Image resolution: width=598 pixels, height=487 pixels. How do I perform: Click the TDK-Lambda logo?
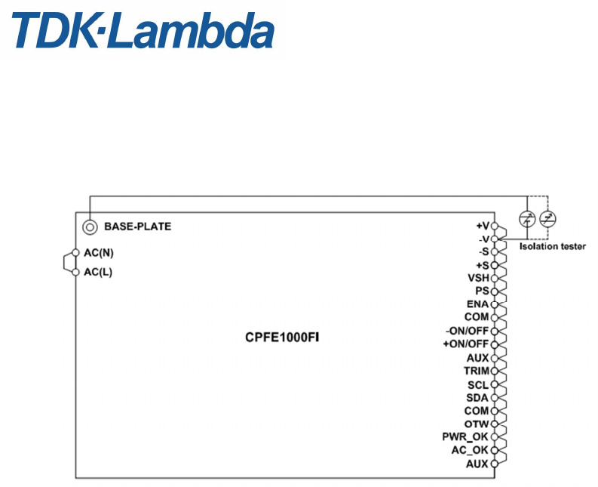[143, 32]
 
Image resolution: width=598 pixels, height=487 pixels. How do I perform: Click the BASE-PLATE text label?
[137, 227]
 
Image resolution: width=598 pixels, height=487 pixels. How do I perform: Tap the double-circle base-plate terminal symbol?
[90, 227]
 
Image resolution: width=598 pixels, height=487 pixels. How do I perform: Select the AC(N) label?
[99, 253]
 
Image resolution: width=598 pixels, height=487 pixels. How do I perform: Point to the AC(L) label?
[98, 272]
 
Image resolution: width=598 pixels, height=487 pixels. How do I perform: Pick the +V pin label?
[482, 226]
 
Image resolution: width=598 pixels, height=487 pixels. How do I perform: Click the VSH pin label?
[478, 278]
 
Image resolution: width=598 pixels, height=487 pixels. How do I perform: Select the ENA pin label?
[477, 304]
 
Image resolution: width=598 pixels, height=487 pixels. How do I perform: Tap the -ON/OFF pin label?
[467, 331]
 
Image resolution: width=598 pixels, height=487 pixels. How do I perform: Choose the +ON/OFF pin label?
[466, 344]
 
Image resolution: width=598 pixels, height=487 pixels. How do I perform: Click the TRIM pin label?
[477, 371]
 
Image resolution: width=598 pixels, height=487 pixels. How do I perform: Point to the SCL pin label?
[478, 384]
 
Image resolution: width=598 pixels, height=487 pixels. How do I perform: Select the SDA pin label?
[478, 397]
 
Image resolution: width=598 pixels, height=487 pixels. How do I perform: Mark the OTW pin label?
[477, 424]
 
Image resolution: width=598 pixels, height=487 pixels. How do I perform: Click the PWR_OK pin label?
[465, 437]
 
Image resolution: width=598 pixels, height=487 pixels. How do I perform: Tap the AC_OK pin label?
[469, 450]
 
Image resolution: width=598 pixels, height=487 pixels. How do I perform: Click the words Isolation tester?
[552, 246]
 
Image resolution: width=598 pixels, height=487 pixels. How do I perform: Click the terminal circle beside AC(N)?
[75, 253]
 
